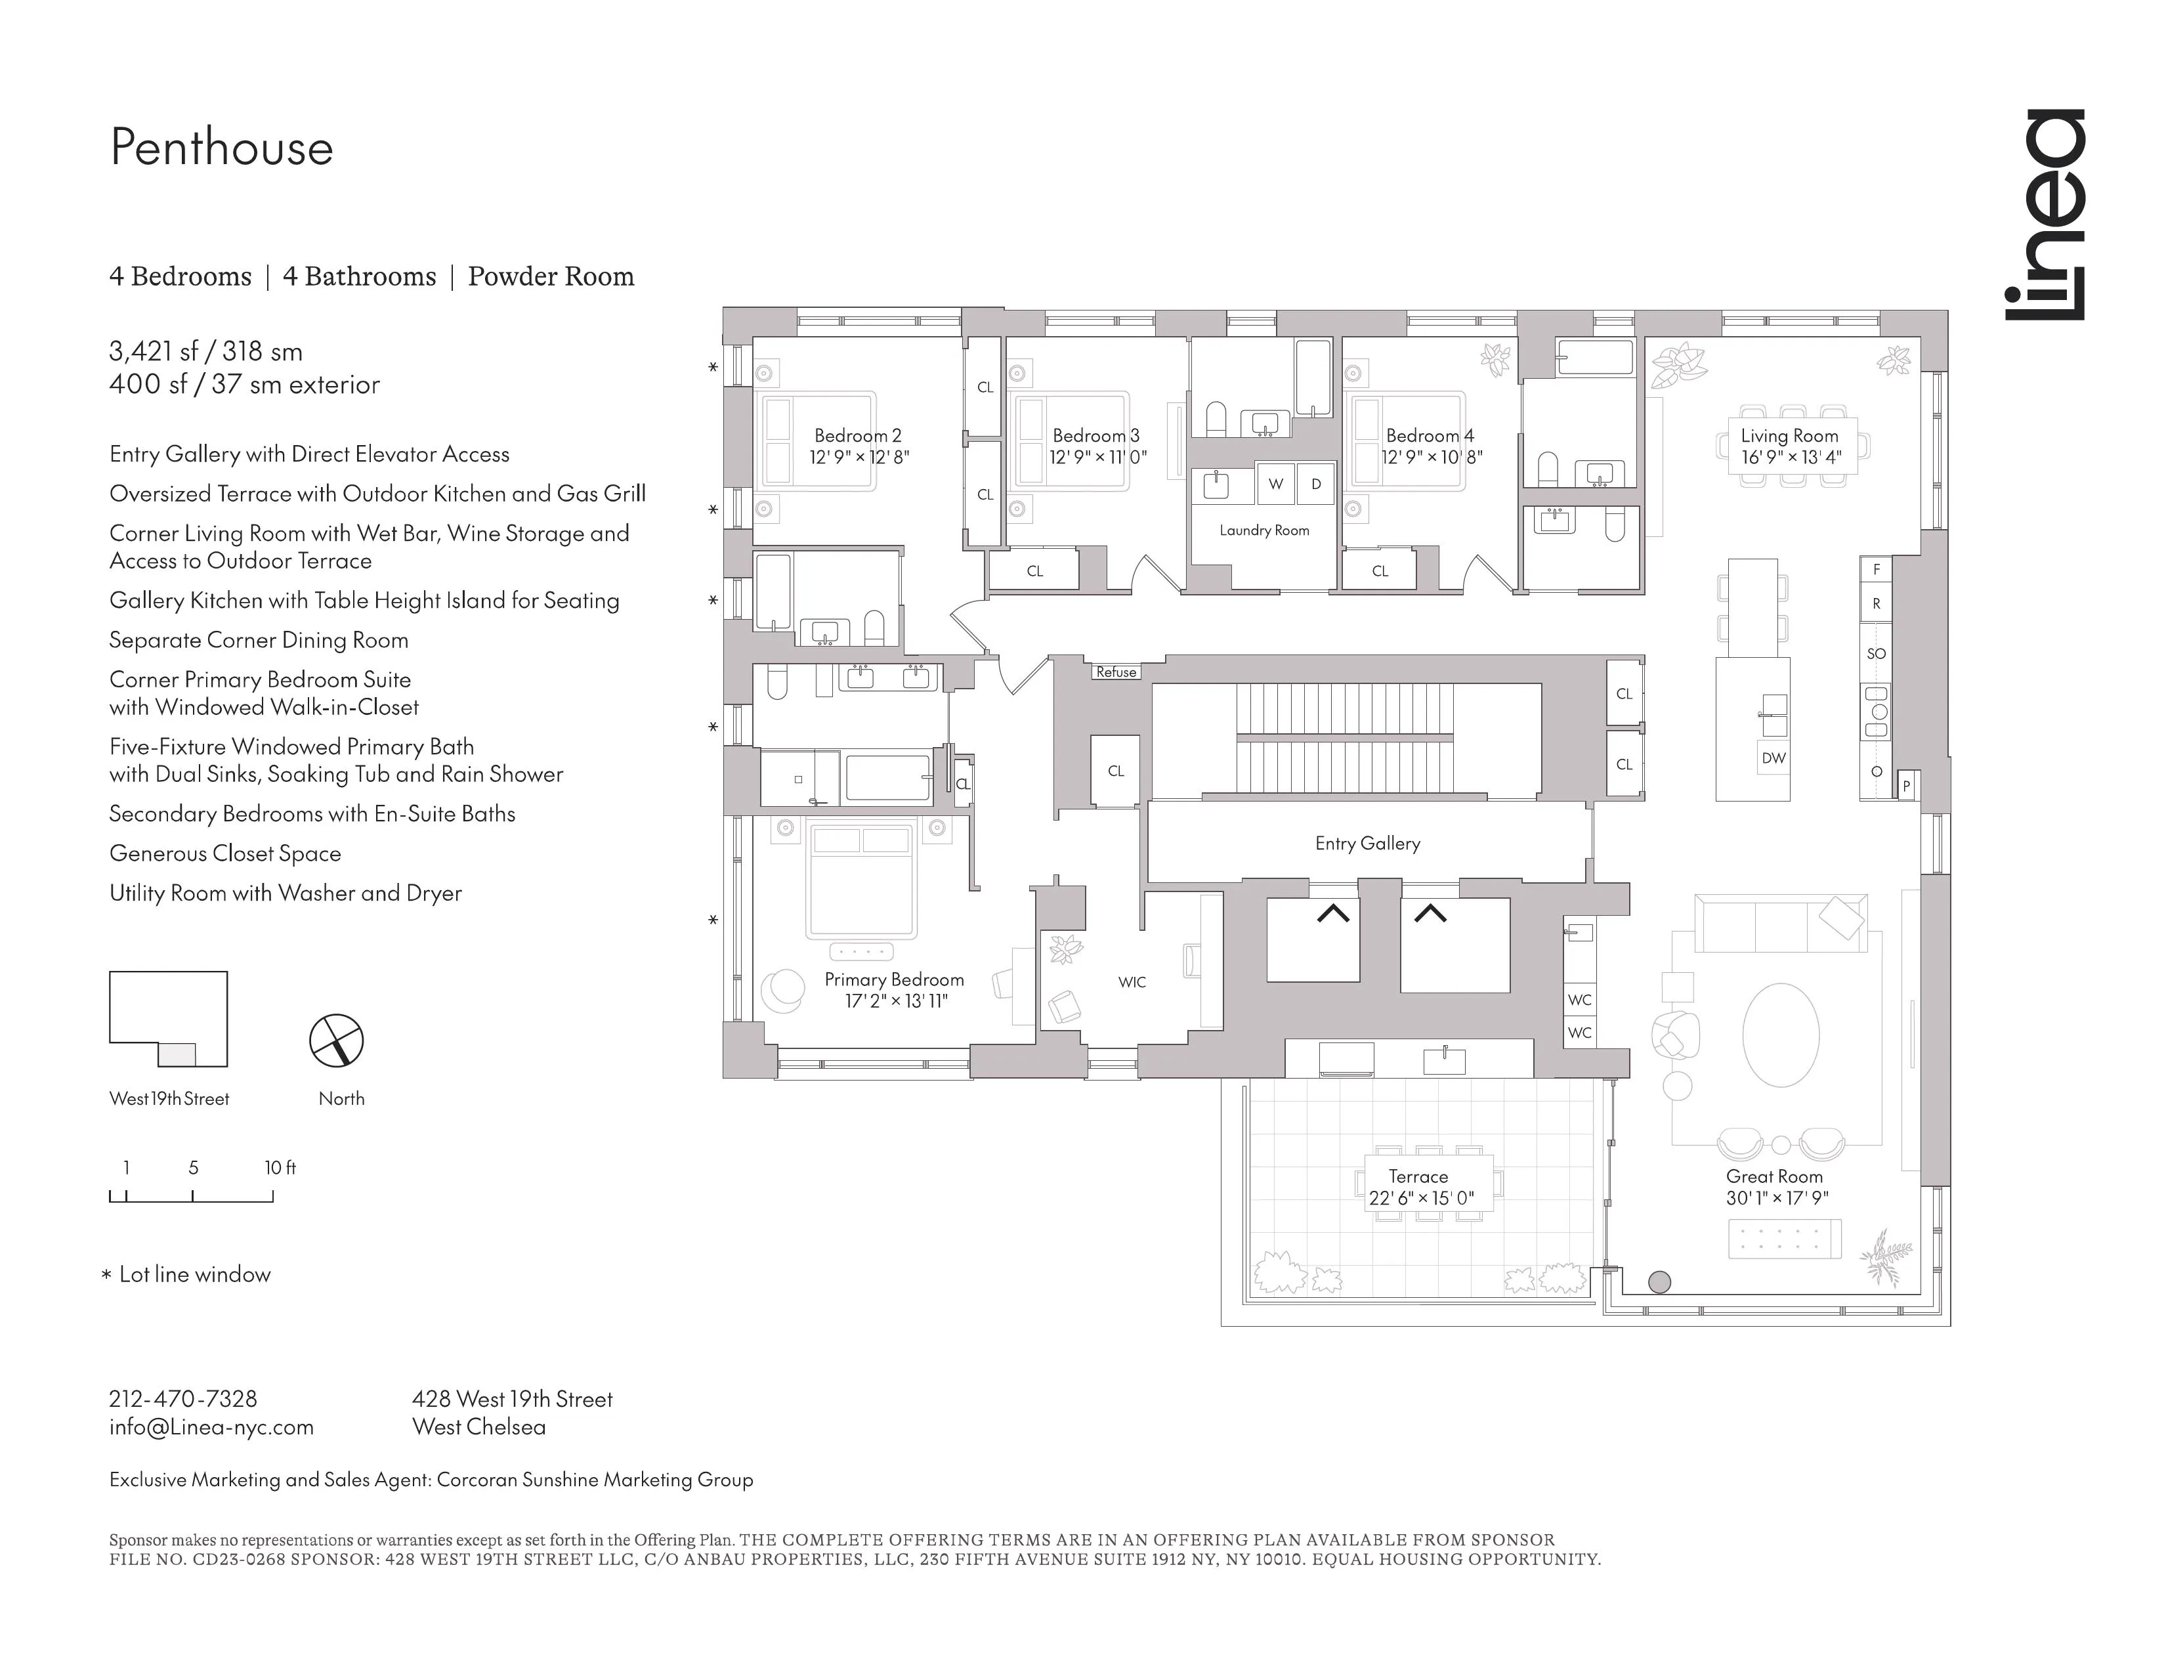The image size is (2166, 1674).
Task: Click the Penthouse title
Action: click(221, 148)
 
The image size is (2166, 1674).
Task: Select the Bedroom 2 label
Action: click(858, 435)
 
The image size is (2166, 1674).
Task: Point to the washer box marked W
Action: click(1275, 484)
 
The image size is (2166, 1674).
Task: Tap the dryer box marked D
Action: click(1316, 484)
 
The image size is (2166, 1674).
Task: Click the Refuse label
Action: click(1116, 672)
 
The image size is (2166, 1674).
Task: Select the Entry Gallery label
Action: click(1367, 843)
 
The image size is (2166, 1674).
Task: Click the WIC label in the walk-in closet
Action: click(1132, 982)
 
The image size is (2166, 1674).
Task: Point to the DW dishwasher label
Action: click(1773, 758)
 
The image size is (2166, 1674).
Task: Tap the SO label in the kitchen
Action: click(1875, 654)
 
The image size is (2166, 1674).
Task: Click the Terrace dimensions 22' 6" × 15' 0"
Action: click(1421, 1198)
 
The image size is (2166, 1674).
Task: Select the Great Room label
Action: click(1774, 1176)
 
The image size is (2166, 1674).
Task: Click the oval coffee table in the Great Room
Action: click(1780, 1035)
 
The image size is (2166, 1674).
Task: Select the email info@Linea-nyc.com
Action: click(211, 1427)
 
